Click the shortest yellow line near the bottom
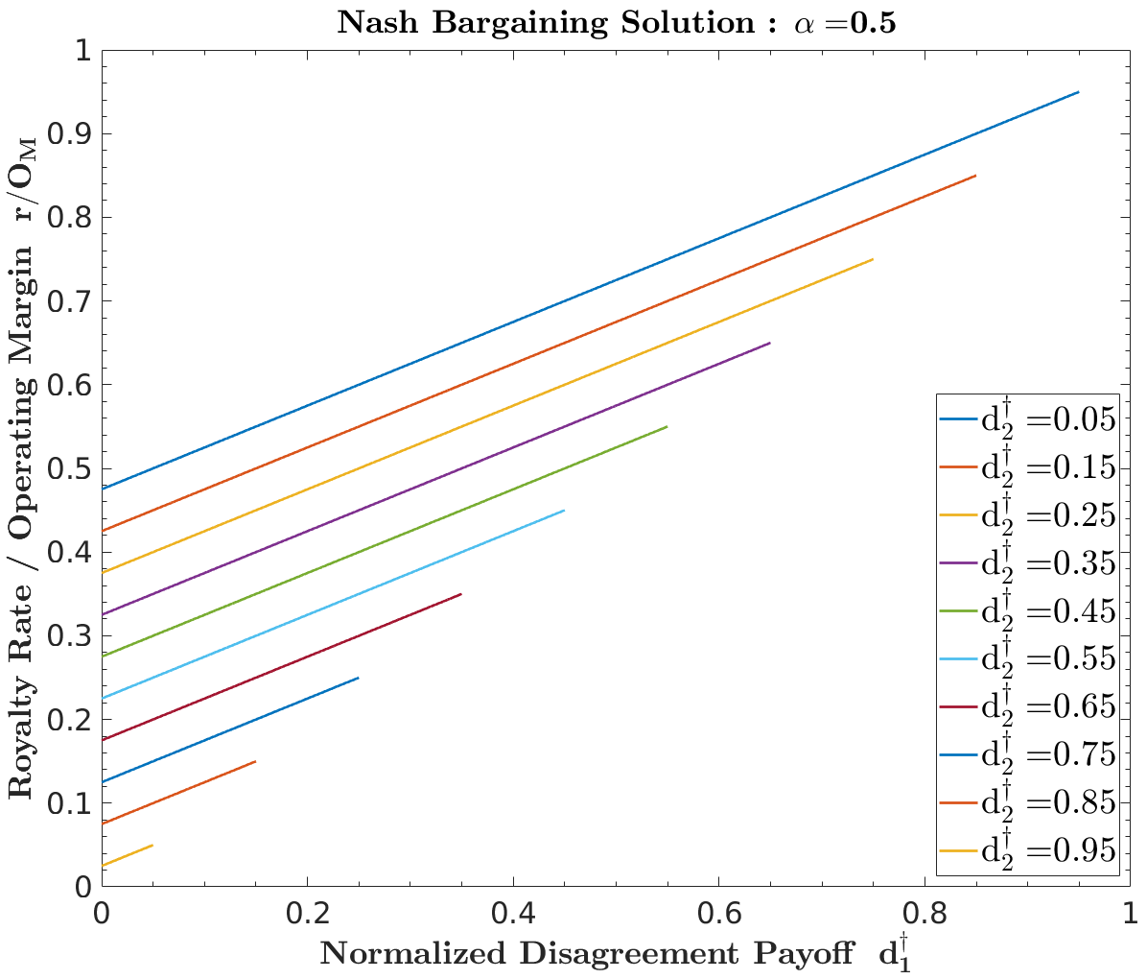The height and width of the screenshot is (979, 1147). pos(128,857)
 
